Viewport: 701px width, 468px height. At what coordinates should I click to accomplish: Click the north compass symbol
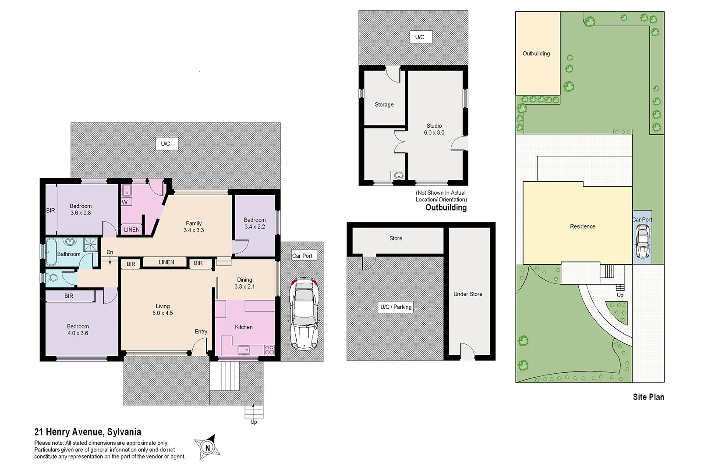(x=207, y=447)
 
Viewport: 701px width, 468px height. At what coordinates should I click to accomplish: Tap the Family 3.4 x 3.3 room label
(x=194, y=227)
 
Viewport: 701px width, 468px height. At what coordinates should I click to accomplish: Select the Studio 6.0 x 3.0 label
(x=434, y=129)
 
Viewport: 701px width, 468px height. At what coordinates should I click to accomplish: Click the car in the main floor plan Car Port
(x=304, y=314)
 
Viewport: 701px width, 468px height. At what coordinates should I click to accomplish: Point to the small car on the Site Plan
(x=642, y=241)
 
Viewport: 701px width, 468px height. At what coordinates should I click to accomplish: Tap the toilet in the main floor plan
(x=52, y=278)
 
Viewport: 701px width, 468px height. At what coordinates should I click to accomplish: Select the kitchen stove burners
(x=269, y=350)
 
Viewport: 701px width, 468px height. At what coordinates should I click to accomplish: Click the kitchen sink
(x=244, y=350)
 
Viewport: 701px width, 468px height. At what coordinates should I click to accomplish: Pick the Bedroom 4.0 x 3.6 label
(x=78, y=330)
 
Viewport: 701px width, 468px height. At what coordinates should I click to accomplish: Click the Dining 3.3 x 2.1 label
(x=244, y=283)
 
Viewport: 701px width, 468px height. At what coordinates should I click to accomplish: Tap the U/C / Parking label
(x=396, y=307)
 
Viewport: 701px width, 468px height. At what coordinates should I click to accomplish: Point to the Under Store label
(x=468, y=294)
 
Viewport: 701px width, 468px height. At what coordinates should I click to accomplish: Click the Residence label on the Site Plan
(x=582, y=226)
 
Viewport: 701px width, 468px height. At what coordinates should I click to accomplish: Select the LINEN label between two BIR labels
(x=166, y=262)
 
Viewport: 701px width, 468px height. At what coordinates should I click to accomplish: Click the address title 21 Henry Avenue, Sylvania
(x=88, y=432)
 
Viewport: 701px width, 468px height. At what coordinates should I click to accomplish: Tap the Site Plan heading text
(x=648, y=397)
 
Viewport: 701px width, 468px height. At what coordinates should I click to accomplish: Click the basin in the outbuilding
(x=398, y=175)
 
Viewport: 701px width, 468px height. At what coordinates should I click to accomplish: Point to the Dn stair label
(x=110, y=252)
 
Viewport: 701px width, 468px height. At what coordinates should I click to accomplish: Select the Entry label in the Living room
(x=201, y=332)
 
